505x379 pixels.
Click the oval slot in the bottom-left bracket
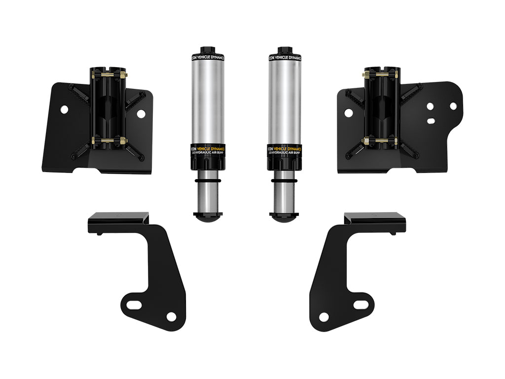135,302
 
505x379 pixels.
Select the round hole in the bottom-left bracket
171,316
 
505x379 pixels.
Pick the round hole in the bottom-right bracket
324,316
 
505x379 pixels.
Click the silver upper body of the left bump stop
206,99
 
